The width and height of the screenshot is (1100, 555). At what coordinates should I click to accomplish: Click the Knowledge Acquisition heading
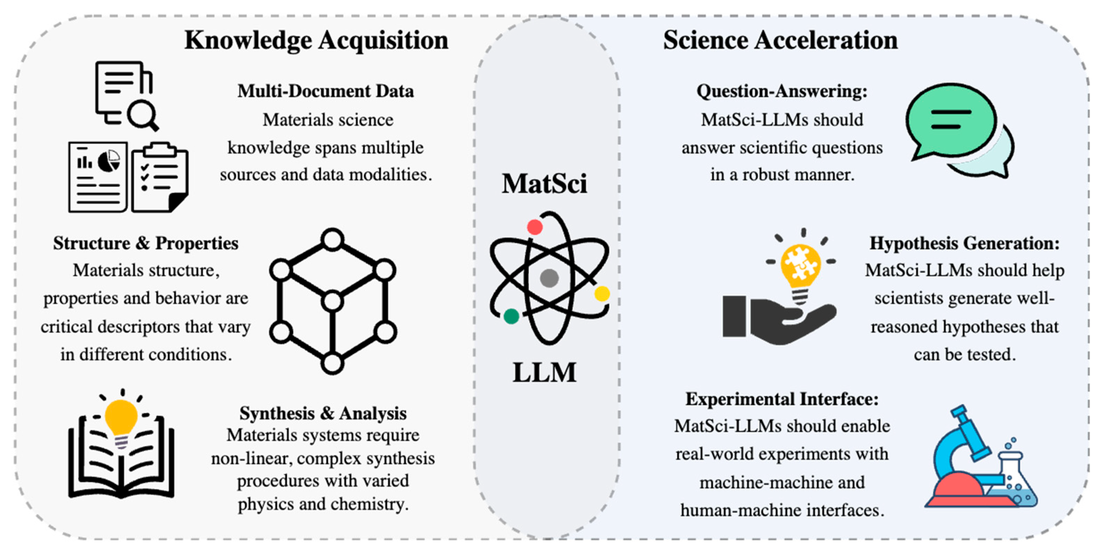(316, 41)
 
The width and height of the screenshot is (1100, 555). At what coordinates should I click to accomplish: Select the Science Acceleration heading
(780, 41)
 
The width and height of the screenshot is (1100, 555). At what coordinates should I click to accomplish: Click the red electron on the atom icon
(535, 227)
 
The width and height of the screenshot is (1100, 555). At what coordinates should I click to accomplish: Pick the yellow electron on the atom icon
(602, 294)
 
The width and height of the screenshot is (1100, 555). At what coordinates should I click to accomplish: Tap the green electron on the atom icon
(511, 316)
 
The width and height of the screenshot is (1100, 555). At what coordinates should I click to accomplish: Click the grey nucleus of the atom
(549, 278)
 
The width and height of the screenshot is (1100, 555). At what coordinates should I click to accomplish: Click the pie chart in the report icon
(109, 161)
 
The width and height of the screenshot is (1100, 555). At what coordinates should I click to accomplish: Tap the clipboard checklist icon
(160, 178)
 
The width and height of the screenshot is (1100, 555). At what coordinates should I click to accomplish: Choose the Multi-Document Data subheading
(325, 91)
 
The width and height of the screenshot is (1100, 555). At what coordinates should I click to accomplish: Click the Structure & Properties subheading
(146, 243)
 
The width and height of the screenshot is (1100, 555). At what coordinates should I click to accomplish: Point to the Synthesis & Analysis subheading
(323, 413)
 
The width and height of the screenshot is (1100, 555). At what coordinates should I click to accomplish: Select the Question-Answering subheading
(781, 91)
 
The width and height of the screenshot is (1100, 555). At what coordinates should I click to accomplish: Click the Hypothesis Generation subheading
(964, 243)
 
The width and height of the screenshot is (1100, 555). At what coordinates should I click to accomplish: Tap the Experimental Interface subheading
(781, 399)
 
